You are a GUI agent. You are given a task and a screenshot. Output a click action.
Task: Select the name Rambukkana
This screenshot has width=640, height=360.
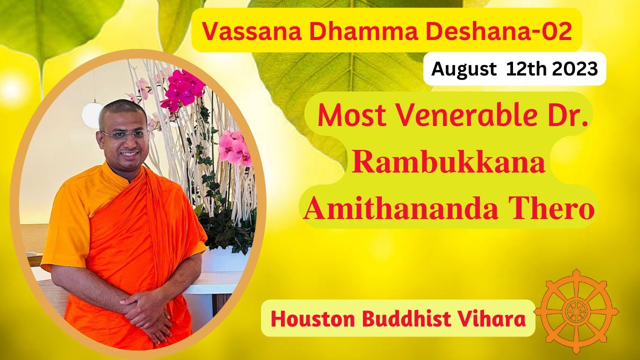pyautogui.click(x=448, y=163)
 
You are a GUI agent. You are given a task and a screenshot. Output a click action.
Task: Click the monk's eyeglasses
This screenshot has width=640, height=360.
pyautogui.click(x=125, y=134)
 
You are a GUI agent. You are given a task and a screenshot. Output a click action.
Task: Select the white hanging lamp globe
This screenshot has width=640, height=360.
pyautogui.click(x=92, y=114)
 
